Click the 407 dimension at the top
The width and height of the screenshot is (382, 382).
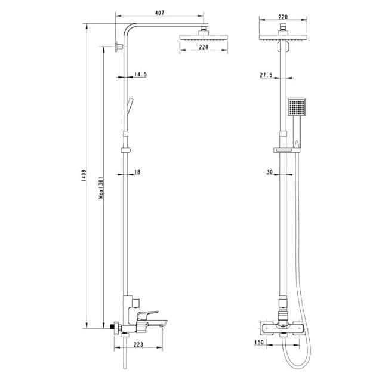click(x=159, y=13)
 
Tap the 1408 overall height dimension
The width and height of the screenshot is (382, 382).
click(x=84, y=176)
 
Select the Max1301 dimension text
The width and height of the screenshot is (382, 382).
click(x=101, y=187)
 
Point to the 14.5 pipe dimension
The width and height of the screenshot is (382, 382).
click(x=141, y=74)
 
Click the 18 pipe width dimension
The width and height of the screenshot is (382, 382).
click(x=137, y=172)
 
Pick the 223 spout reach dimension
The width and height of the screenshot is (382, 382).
click(x=138, y=344)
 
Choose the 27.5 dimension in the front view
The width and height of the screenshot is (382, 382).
click(x=266, y=75)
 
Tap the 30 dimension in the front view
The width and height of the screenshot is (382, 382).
click(x=270, y=172)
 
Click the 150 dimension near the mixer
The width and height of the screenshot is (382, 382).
click(x=259, y=342)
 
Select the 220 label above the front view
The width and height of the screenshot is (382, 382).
click(x=283, y=17)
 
